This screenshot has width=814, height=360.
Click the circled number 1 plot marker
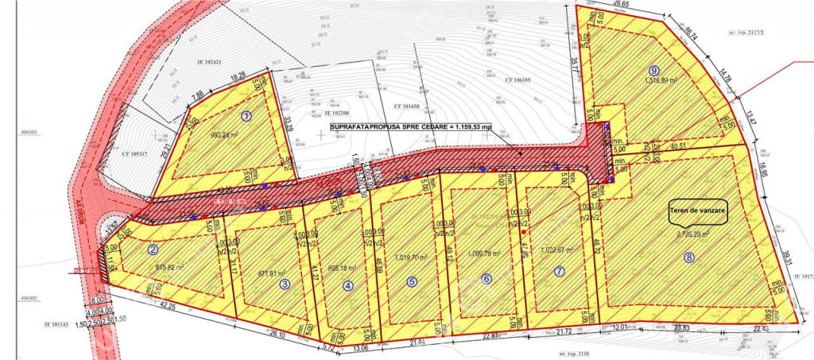point(246,115)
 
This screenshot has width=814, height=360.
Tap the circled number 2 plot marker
point(152,249)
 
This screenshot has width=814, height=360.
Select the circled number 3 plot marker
point(285,283)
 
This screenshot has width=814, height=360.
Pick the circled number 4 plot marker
point(347,288)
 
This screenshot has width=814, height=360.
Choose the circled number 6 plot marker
point(486,278)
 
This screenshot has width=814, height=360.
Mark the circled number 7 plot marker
point(560,271)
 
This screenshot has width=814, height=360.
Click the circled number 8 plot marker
point(689,257)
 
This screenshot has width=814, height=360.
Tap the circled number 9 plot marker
point(654,69)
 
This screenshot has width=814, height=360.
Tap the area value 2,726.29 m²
point(692,234)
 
